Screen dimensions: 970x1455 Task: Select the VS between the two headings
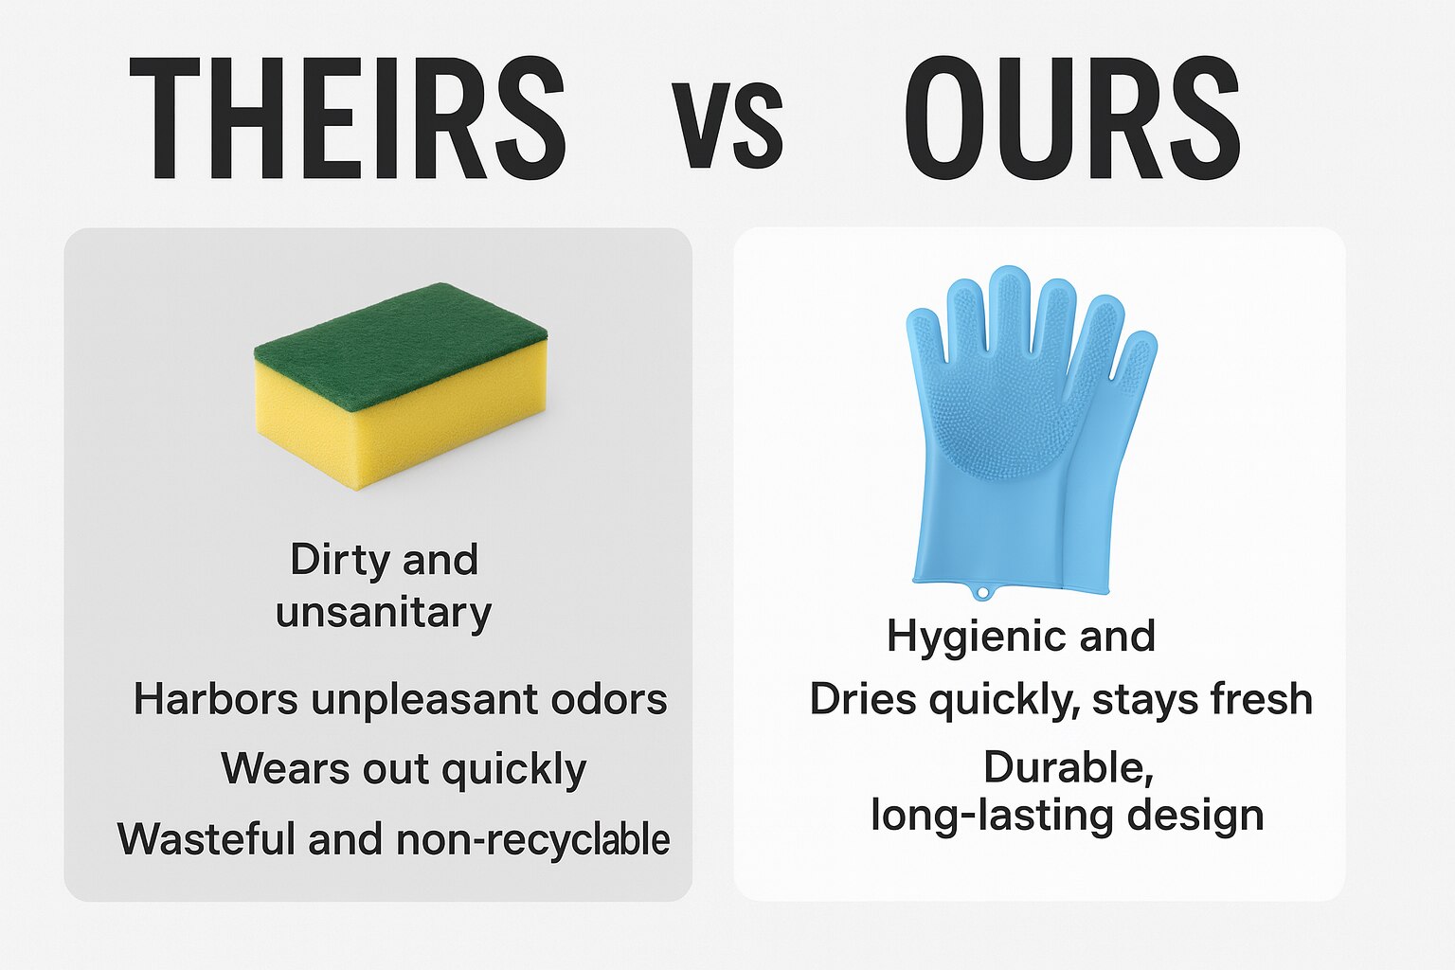coord(727,125)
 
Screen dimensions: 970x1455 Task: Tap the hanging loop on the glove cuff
coord(984,593)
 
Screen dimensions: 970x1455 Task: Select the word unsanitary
coord(384,613)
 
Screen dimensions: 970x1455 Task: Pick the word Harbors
coord(216,700)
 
